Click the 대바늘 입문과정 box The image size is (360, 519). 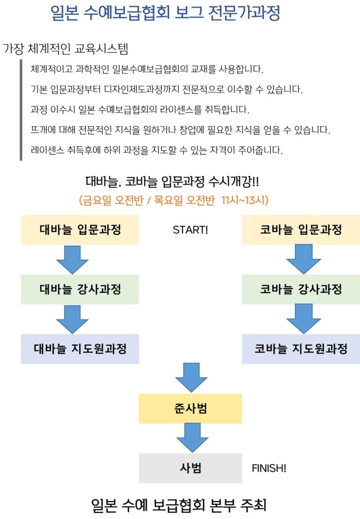coord(80,230)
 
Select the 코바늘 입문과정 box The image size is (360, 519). coord(301,230)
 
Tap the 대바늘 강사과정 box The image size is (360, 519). coord(80,289)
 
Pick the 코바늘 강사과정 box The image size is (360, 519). coord(301,289)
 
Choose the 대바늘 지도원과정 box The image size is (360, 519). coord(80,349)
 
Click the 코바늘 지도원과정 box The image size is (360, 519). coord(301,349)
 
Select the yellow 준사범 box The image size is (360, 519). coord(190,409)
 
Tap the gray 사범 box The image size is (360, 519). coord(190,468)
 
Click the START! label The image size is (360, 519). coord(190,230)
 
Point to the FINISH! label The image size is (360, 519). coord(269,468)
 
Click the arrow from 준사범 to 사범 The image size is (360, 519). coord(192,438)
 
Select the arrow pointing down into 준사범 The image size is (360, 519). coord(191,378)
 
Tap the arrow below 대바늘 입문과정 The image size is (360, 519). coord(72,260)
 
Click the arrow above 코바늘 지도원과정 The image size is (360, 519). coord(303,319)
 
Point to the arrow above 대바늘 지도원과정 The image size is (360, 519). coord(72,319)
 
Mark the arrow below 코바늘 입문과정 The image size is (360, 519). coord(303,259)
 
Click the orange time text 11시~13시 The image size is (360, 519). coord(245,200)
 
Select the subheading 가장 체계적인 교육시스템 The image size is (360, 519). coord(66,49)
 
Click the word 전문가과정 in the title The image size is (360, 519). coord(244,13)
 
